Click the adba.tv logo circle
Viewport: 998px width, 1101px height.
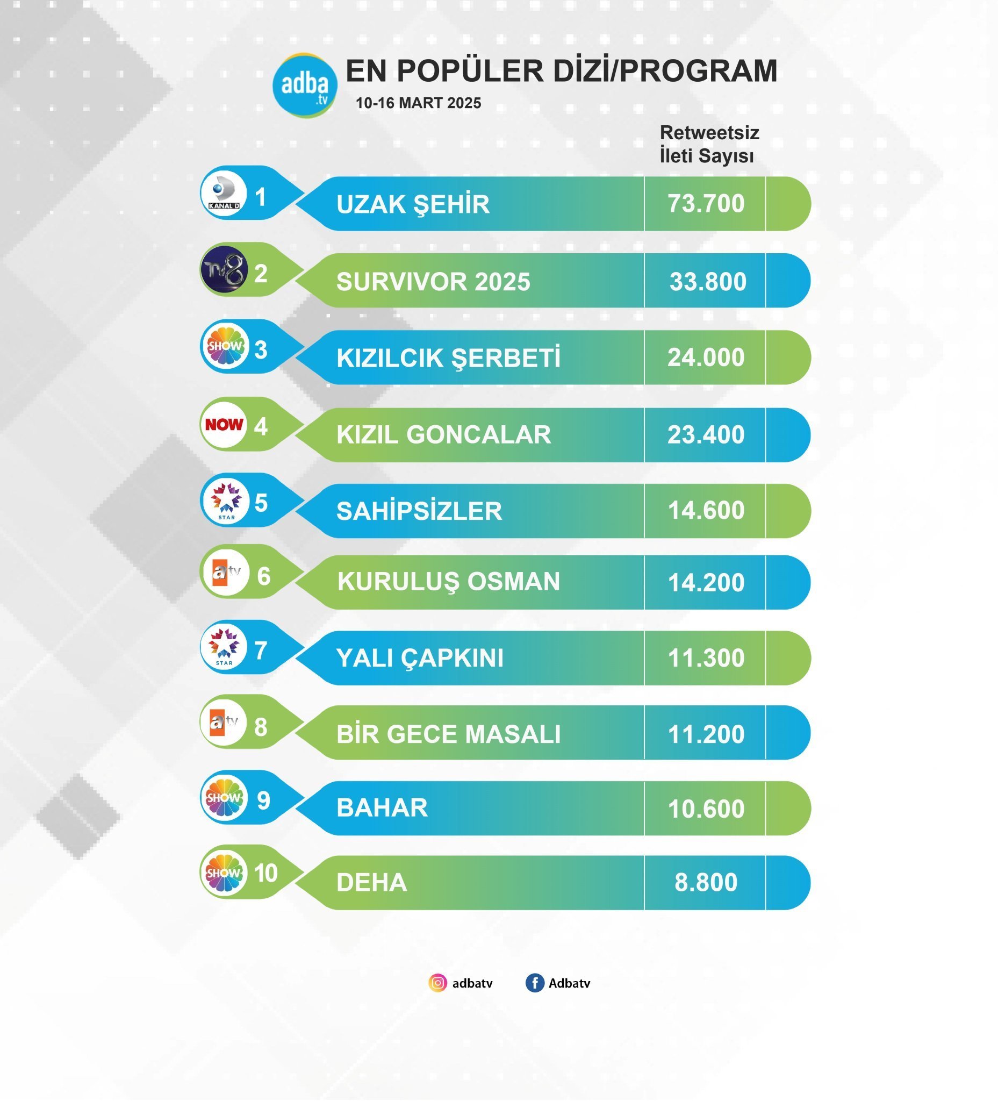(305, 85)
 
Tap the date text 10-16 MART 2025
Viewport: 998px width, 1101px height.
(418, 103)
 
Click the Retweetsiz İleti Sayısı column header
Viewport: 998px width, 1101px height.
(709, 144)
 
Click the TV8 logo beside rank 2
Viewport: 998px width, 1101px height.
(224, 270)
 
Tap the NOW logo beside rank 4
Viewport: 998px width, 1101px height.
(224, 424)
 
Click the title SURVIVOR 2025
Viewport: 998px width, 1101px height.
(433, 282)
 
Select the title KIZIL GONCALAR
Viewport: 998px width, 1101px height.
(443, 435)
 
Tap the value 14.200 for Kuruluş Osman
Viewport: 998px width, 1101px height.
(706, 583)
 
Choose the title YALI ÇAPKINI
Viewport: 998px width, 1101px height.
(419, 658)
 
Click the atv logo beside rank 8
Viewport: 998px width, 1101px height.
(225, 723)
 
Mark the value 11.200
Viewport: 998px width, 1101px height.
(706, 734)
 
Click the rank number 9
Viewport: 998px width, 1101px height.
(263, 800)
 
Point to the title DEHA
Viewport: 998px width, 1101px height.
(371, 883)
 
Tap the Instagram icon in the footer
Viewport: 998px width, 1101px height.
(437, 983)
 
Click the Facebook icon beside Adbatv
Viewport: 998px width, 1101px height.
(535, 983)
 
